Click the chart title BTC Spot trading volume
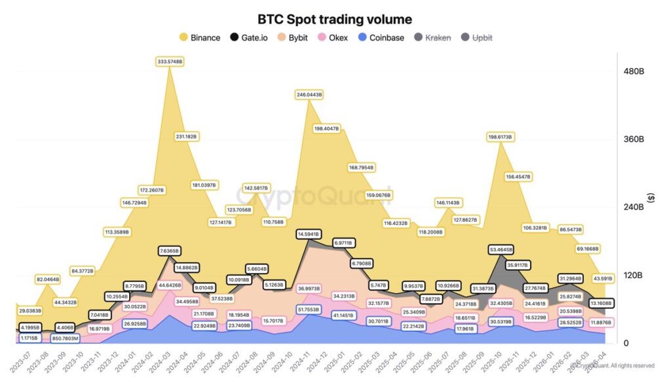[x=334, y=19]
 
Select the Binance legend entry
[x=199, y=37]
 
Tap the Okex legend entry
[x=337, y=37]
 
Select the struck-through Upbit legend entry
[x=477, y=37]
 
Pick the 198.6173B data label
[x=500, y=137]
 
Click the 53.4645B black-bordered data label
[x=501, y=249]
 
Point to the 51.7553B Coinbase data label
[x=308, y=309]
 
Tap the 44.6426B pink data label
[x=170, y=285]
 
